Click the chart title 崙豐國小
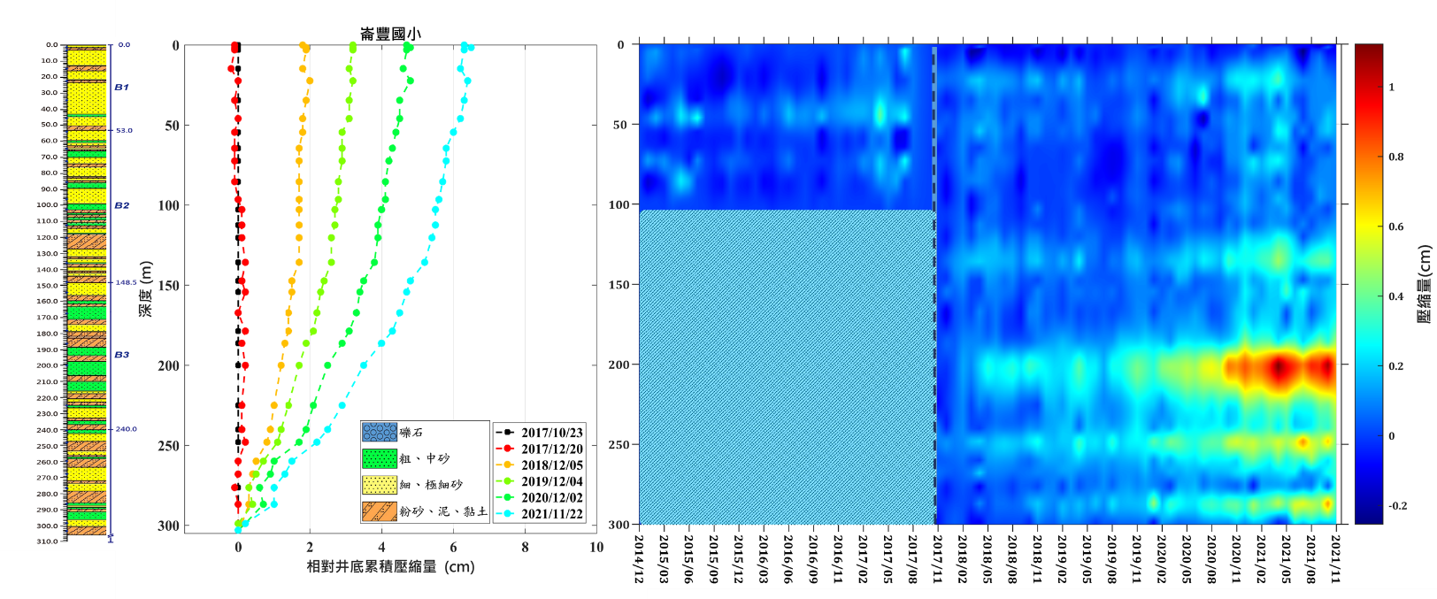pyautogui.click(x=390, y=34)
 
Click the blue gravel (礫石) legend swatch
pyautogui.click(x=379, y=433)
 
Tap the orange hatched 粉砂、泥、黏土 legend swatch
pyautogui.click(x=379, y=511)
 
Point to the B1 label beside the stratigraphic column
pyautogui.click(x=121, y=87)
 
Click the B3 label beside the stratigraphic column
pyautogui.click(x=121, y=355)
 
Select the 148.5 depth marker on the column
pyautogui.click(x=126, y=283)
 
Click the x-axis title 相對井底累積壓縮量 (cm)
pyautogui.click(x=390, y=566)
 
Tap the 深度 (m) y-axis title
pyautogui.click(x=146, y=289)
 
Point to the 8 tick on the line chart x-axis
pyautogui.click(x=525, y=548)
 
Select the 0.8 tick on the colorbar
pyautogui.click(x=1396, y=157)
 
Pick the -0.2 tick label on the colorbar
pyautogui.click(x=1397, y=506)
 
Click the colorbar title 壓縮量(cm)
pyautogui.click(x=1424, y=284)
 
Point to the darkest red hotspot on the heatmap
pyautogui.click(x=1279, y=366)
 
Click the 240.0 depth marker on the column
pyautogui.click(x=126, y=429)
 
